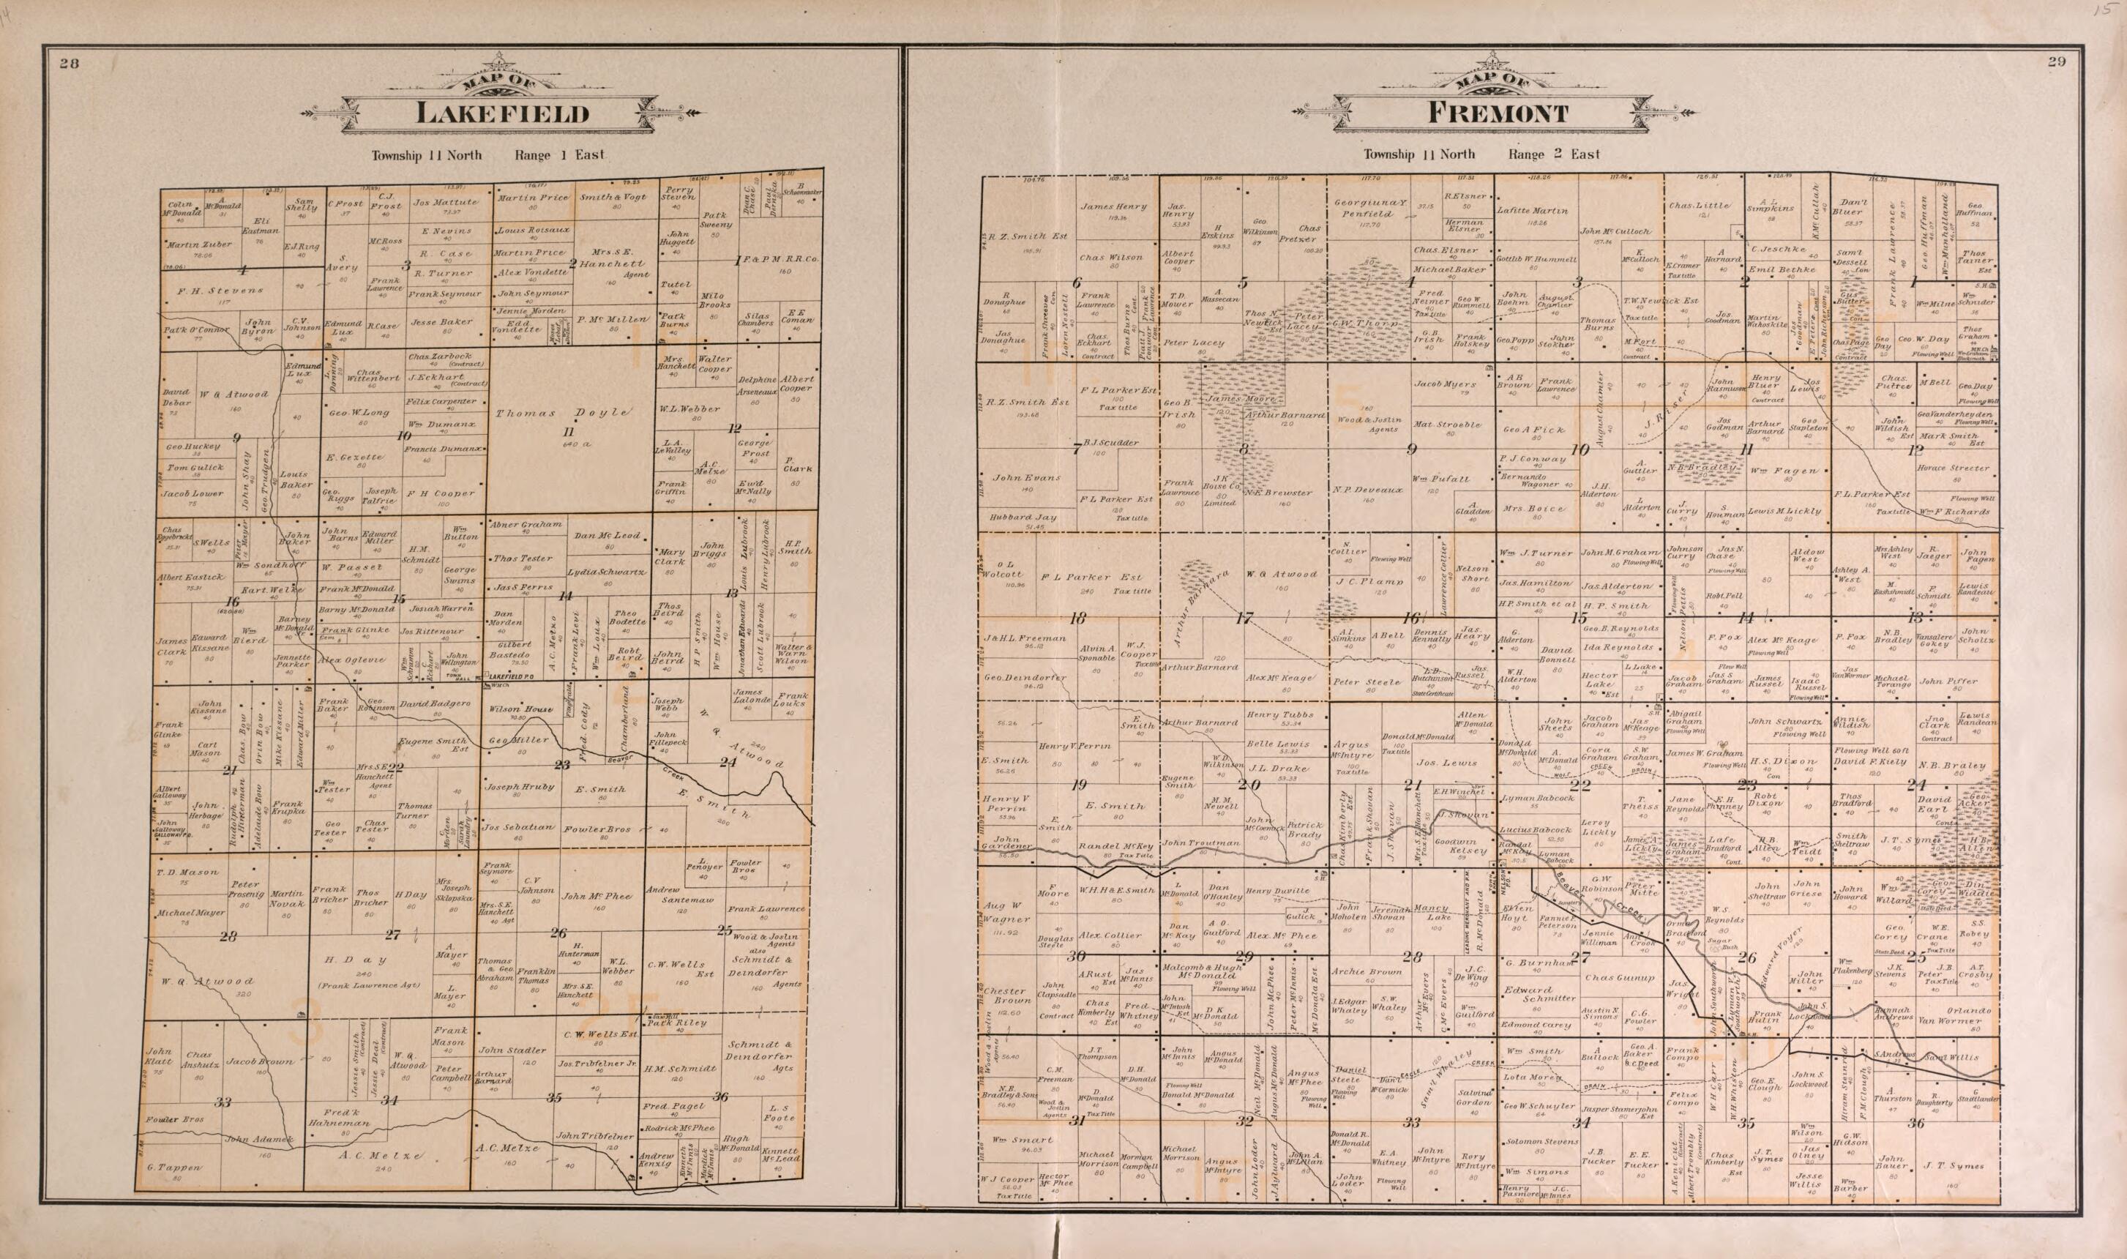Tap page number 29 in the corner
[x=2073, y=61]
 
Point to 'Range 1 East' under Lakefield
[x=559, y=154]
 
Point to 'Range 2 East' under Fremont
[x=1554, y=154]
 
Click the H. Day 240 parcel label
[x=356, y=960]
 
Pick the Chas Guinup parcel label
[x=1619, y=977]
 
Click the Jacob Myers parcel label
[x=1445, y=384]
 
